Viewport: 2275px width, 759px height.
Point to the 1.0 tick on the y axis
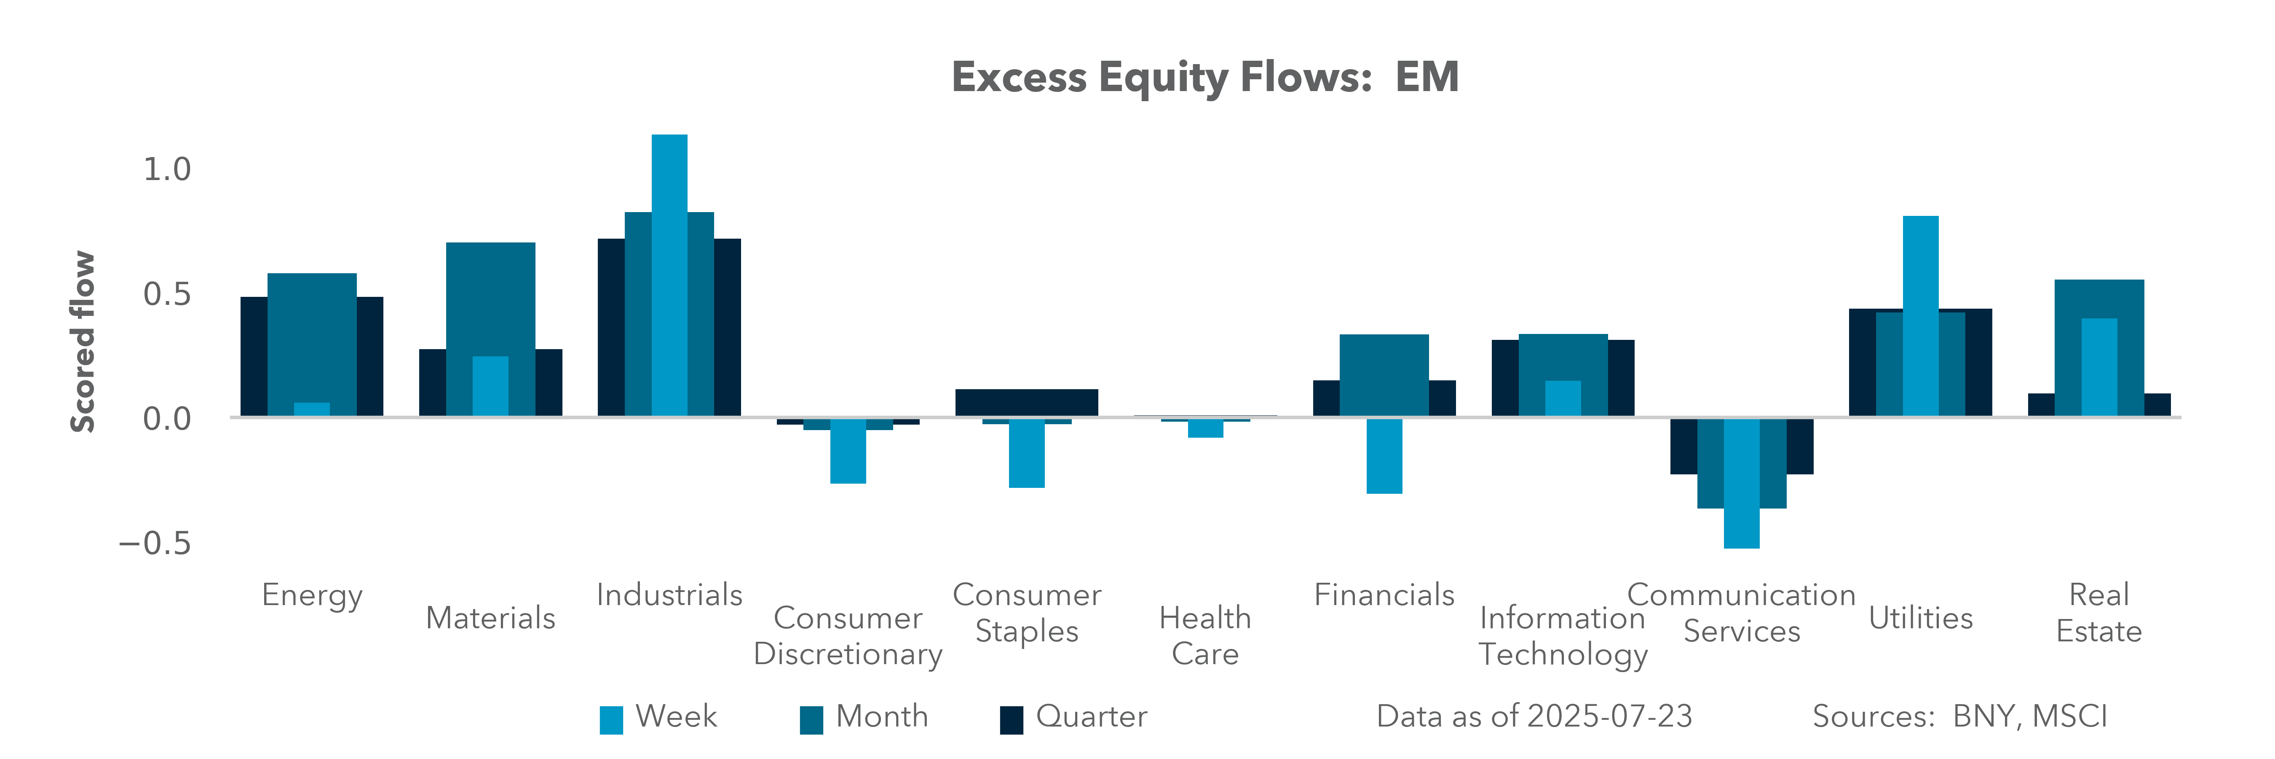167,169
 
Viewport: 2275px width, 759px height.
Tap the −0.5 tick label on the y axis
155,543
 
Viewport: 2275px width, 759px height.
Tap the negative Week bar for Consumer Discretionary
848,450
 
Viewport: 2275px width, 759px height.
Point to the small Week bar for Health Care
1205,428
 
